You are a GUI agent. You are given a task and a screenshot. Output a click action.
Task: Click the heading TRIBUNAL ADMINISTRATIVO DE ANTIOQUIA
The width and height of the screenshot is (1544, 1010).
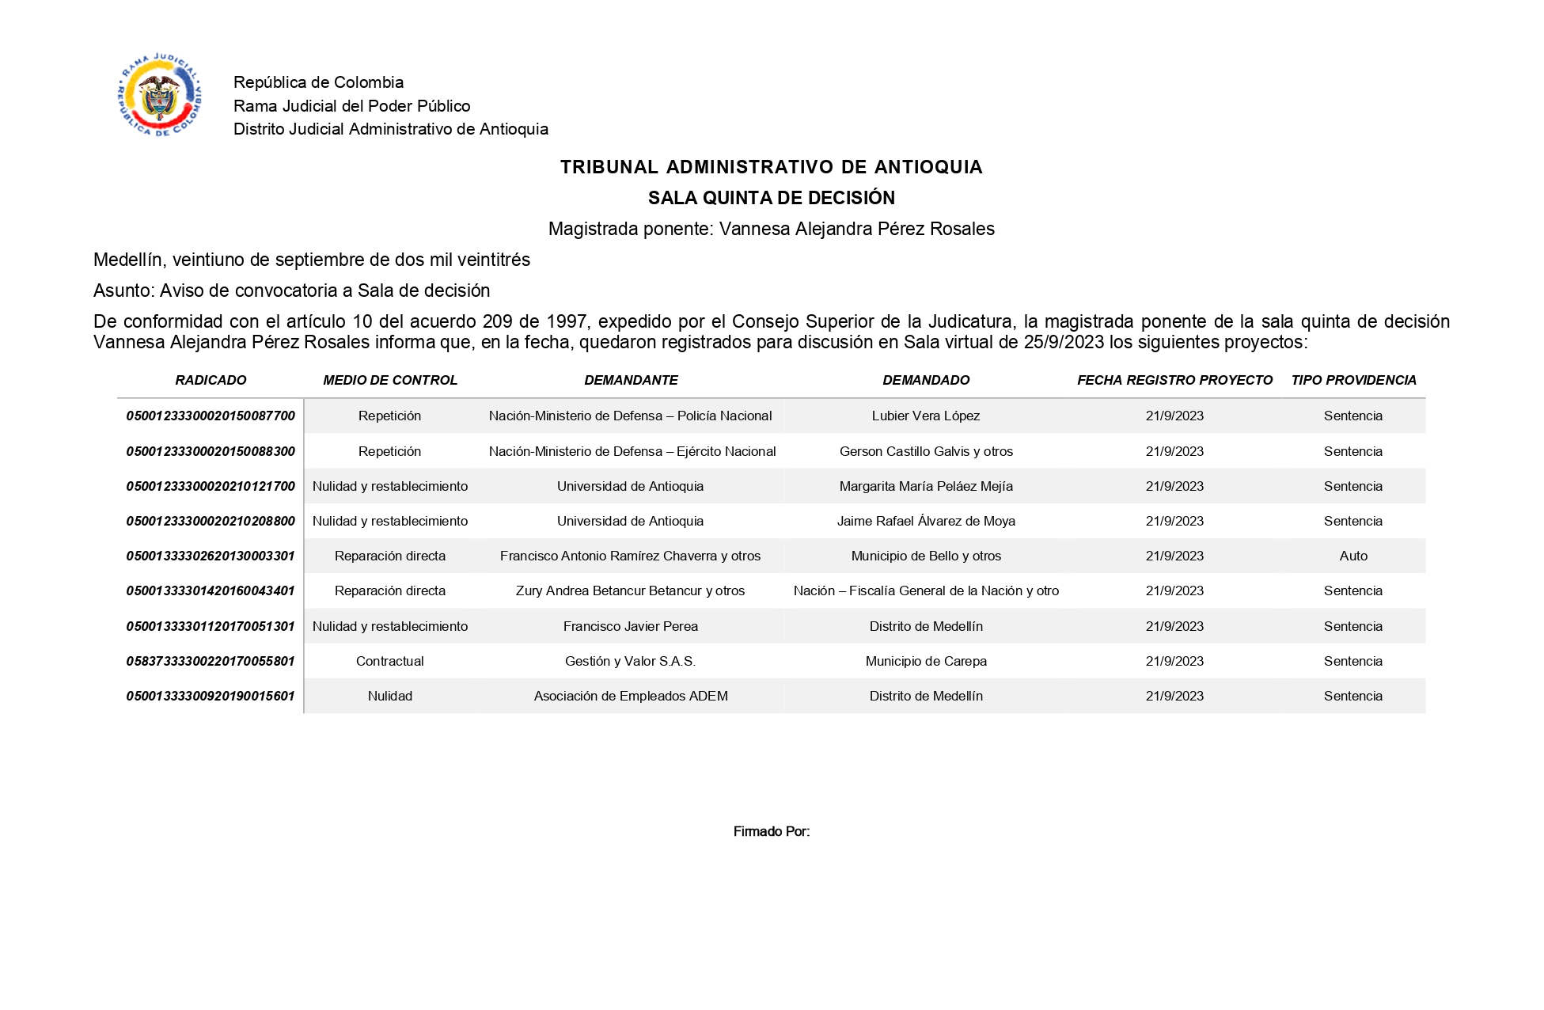coord(771,167)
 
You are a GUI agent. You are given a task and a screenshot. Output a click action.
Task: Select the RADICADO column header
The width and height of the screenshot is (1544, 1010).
coord(211,380)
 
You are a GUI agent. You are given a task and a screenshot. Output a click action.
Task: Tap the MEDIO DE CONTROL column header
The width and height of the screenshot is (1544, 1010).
coord(390,380)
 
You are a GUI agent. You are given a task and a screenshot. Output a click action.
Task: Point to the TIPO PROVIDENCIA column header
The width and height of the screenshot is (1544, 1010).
coord(1353,380)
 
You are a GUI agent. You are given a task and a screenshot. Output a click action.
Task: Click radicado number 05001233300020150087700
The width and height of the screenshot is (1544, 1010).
coord(211,416)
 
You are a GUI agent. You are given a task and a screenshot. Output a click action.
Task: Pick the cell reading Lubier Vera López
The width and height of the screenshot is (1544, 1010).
coord(926,416)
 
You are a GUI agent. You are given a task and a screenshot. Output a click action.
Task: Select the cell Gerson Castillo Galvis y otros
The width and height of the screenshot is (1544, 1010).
coord(926,451)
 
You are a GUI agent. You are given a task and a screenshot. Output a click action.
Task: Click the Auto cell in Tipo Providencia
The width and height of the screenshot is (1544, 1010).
coord(1353,556)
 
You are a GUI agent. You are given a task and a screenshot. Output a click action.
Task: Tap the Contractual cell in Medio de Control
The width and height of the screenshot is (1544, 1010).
coord(390,661)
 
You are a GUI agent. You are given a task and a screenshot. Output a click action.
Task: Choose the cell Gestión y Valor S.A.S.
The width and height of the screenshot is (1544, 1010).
coord(630,661)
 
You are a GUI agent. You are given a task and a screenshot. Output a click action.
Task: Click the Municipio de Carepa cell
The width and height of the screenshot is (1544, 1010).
coord(926,661)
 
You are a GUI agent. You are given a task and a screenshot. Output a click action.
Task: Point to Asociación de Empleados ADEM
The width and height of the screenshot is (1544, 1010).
coord(630,696)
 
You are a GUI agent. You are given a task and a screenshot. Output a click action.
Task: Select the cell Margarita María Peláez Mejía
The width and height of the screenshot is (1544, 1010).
coord(926,486)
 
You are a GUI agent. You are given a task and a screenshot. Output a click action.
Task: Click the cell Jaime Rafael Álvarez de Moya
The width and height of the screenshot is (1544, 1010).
coord(926,521)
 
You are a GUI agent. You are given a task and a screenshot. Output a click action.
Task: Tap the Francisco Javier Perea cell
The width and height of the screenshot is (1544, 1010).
coord(630,626)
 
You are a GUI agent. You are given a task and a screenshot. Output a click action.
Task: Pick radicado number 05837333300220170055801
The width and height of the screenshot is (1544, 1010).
coord(211,661)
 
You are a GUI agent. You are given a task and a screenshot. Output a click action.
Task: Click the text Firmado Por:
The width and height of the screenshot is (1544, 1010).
coord(771,831)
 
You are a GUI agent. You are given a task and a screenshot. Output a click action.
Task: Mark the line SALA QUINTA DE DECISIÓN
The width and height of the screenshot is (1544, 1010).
coord(771,198)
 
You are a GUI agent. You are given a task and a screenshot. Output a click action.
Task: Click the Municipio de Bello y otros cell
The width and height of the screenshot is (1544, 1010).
coord(926,556)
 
